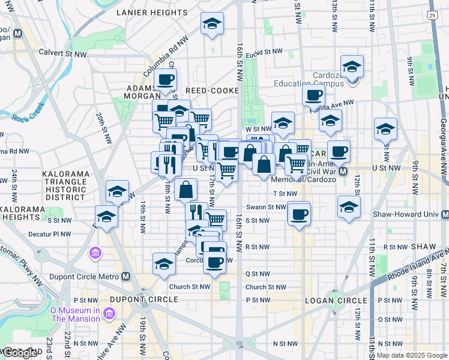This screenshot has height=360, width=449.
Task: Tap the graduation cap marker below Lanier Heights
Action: (x=211, y=24)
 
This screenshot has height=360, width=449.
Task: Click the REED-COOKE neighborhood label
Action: (x=212, y=91)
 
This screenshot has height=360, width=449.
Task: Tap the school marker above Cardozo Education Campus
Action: (x=352, y=65)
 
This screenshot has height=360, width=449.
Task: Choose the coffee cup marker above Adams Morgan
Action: (x=166, y=79)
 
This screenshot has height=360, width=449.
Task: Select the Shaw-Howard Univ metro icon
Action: (x=445, y=214)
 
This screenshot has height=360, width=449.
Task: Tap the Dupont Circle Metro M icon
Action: (x=125, y=277)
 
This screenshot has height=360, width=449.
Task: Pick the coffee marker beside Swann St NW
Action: (x=298, y=213)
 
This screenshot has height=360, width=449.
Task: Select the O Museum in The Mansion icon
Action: (x=109, y=313)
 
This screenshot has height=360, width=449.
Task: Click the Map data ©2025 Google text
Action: (x=412, y=355)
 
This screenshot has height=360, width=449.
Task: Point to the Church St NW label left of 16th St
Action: (x=189, y=287)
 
